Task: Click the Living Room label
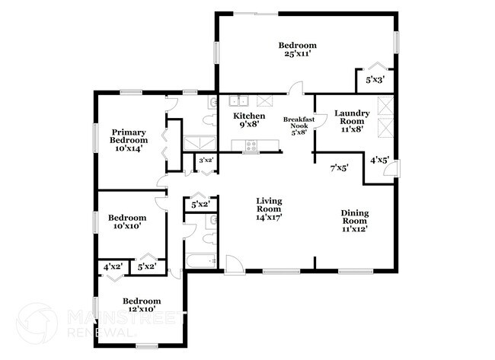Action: coord(270,204)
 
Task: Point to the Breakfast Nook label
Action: coord(298,123)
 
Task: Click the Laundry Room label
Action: coord(354,117)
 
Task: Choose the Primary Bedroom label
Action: coord(128,135)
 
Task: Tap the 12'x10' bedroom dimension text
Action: coord(142,309)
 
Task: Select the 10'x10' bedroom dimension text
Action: coord(129,226)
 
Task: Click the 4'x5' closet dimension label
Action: coord(378,160)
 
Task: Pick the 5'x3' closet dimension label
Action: coord(375,79)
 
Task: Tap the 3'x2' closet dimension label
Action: coord(205,161)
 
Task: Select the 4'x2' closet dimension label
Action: coord(113,266)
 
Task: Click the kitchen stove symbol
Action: coord(251,145)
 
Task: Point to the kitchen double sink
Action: coord(241,100)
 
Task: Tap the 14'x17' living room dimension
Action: coord(270,217)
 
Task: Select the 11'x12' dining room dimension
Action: coord(355,228)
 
